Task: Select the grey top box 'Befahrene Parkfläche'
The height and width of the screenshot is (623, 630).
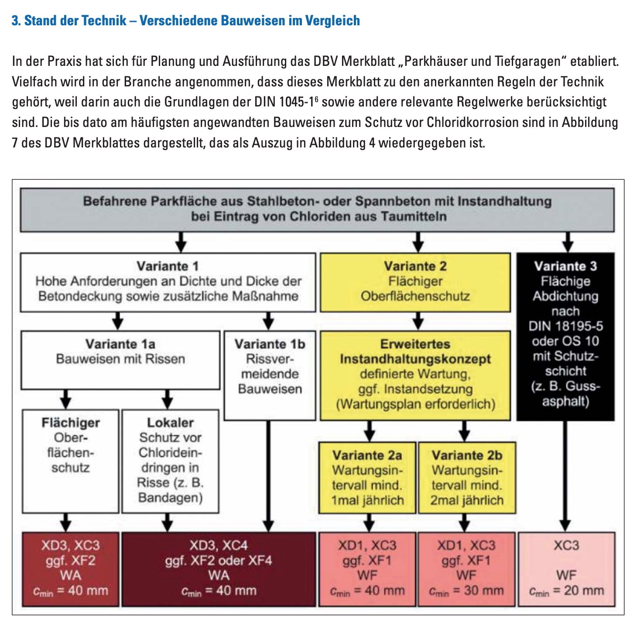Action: click(x=317, y=209)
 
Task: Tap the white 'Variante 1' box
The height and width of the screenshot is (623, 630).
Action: click(x=168, y=282)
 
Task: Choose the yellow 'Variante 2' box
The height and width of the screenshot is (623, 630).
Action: click(x=415, y=282)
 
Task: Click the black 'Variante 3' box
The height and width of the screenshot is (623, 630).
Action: click(x=565, y=336)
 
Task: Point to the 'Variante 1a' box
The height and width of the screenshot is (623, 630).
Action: click(x=120, y=359)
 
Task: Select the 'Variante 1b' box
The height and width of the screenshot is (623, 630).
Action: click(x=270, y=375)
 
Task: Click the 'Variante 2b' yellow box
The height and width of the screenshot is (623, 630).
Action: click(x=466, y=478)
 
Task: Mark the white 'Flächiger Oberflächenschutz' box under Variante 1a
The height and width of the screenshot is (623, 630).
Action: click(x=70, y=461)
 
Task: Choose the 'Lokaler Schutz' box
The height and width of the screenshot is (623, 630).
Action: click(x=170, y=461)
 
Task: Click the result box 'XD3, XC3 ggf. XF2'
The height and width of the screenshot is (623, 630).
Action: click(x=70, y=568)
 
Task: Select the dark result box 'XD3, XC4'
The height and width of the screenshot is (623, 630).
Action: click(x=219, y=568)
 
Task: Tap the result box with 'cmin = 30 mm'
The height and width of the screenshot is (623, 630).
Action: click(x=466, y=568)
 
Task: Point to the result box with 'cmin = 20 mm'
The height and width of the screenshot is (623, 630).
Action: click(x=566, y=568)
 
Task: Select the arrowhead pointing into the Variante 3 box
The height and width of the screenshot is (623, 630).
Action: click(x=568, y=247)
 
